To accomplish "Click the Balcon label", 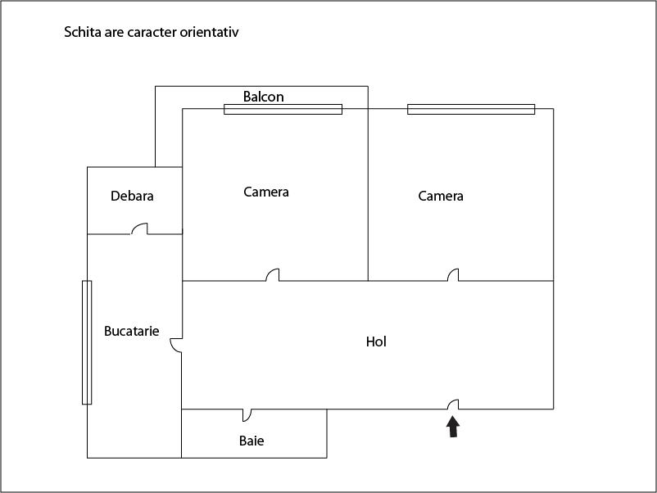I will (x=263, y=97).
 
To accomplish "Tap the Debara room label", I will (x=132, y=196).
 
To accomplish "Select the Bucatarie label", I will (x=131, y=332).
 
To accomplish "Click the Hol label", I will (x=376, y=341).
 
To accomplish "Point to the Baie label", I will (x=251, y=441).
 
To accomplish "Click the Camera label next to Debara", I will (x=266, y=192).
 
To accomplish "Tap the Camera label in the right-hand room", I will (x=441, y=196).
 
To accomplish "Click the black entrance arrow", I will (x=452, y=426).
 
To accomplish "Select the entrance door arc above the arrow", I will (x=452, y=404).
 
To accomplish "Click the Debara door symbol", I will (x=141, y=229).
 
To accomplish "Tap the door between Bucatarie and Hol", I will (x=176, y=346).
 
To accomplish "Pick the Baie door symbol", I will (x=247, y=414).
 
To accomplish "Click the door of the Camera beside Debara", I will (x=273, y=275).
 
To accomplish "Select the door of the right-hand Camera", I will (x=452, y=275).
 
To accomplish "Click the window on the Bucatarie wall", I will (x=87, y=342).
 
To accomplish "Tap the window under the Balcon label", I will (x=283, y=109).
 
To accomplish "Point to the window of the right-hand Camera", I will (x=471, y=109).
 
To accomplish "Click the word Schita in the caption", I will (x=83, y=33).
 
